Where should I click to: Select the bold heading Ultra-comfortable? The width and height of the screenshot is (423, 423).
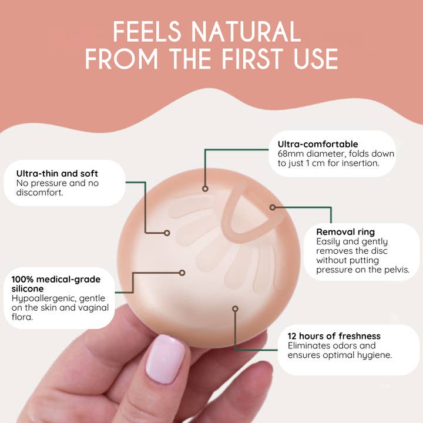pyautogui.click(x=318, y=144)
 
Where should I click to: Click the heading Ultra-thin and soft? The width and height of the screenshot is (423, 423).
pyautogui.click(x=57, y=173)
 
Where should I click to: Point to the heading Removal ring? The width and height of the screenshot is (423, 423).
pyautogui.click(x=345, y=231)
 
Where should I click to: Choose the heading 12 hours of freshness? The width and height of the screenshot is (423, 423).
pyautogui.click(x=334, y=336)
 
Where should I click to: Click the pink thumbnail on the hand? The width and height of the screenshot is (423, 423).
pyautogui.click(x=165, y=359)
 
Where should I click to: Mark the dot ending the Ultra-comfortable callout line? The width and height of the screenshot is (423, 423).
pyautogui.click(x=205, y=189)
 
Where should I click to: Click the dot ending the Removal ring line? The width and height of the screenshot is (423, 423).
pyautogui.click(x=273, y=207)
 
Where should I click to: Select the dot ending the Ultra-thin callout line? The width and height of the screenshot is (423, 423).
pyautogui.click(x=167, y=233)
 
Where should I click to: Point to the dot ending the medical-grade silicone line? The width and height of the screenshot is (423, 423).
pyautogui.click(x=182, y=273)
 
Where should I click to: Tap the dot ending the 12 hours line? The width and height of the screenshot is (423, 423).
pyautogui.click(x=235, y=308)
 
